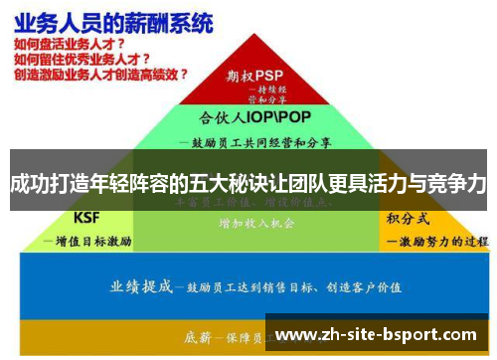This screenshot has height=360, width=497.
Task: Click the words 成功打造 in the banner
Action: [x=44, y=183]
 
